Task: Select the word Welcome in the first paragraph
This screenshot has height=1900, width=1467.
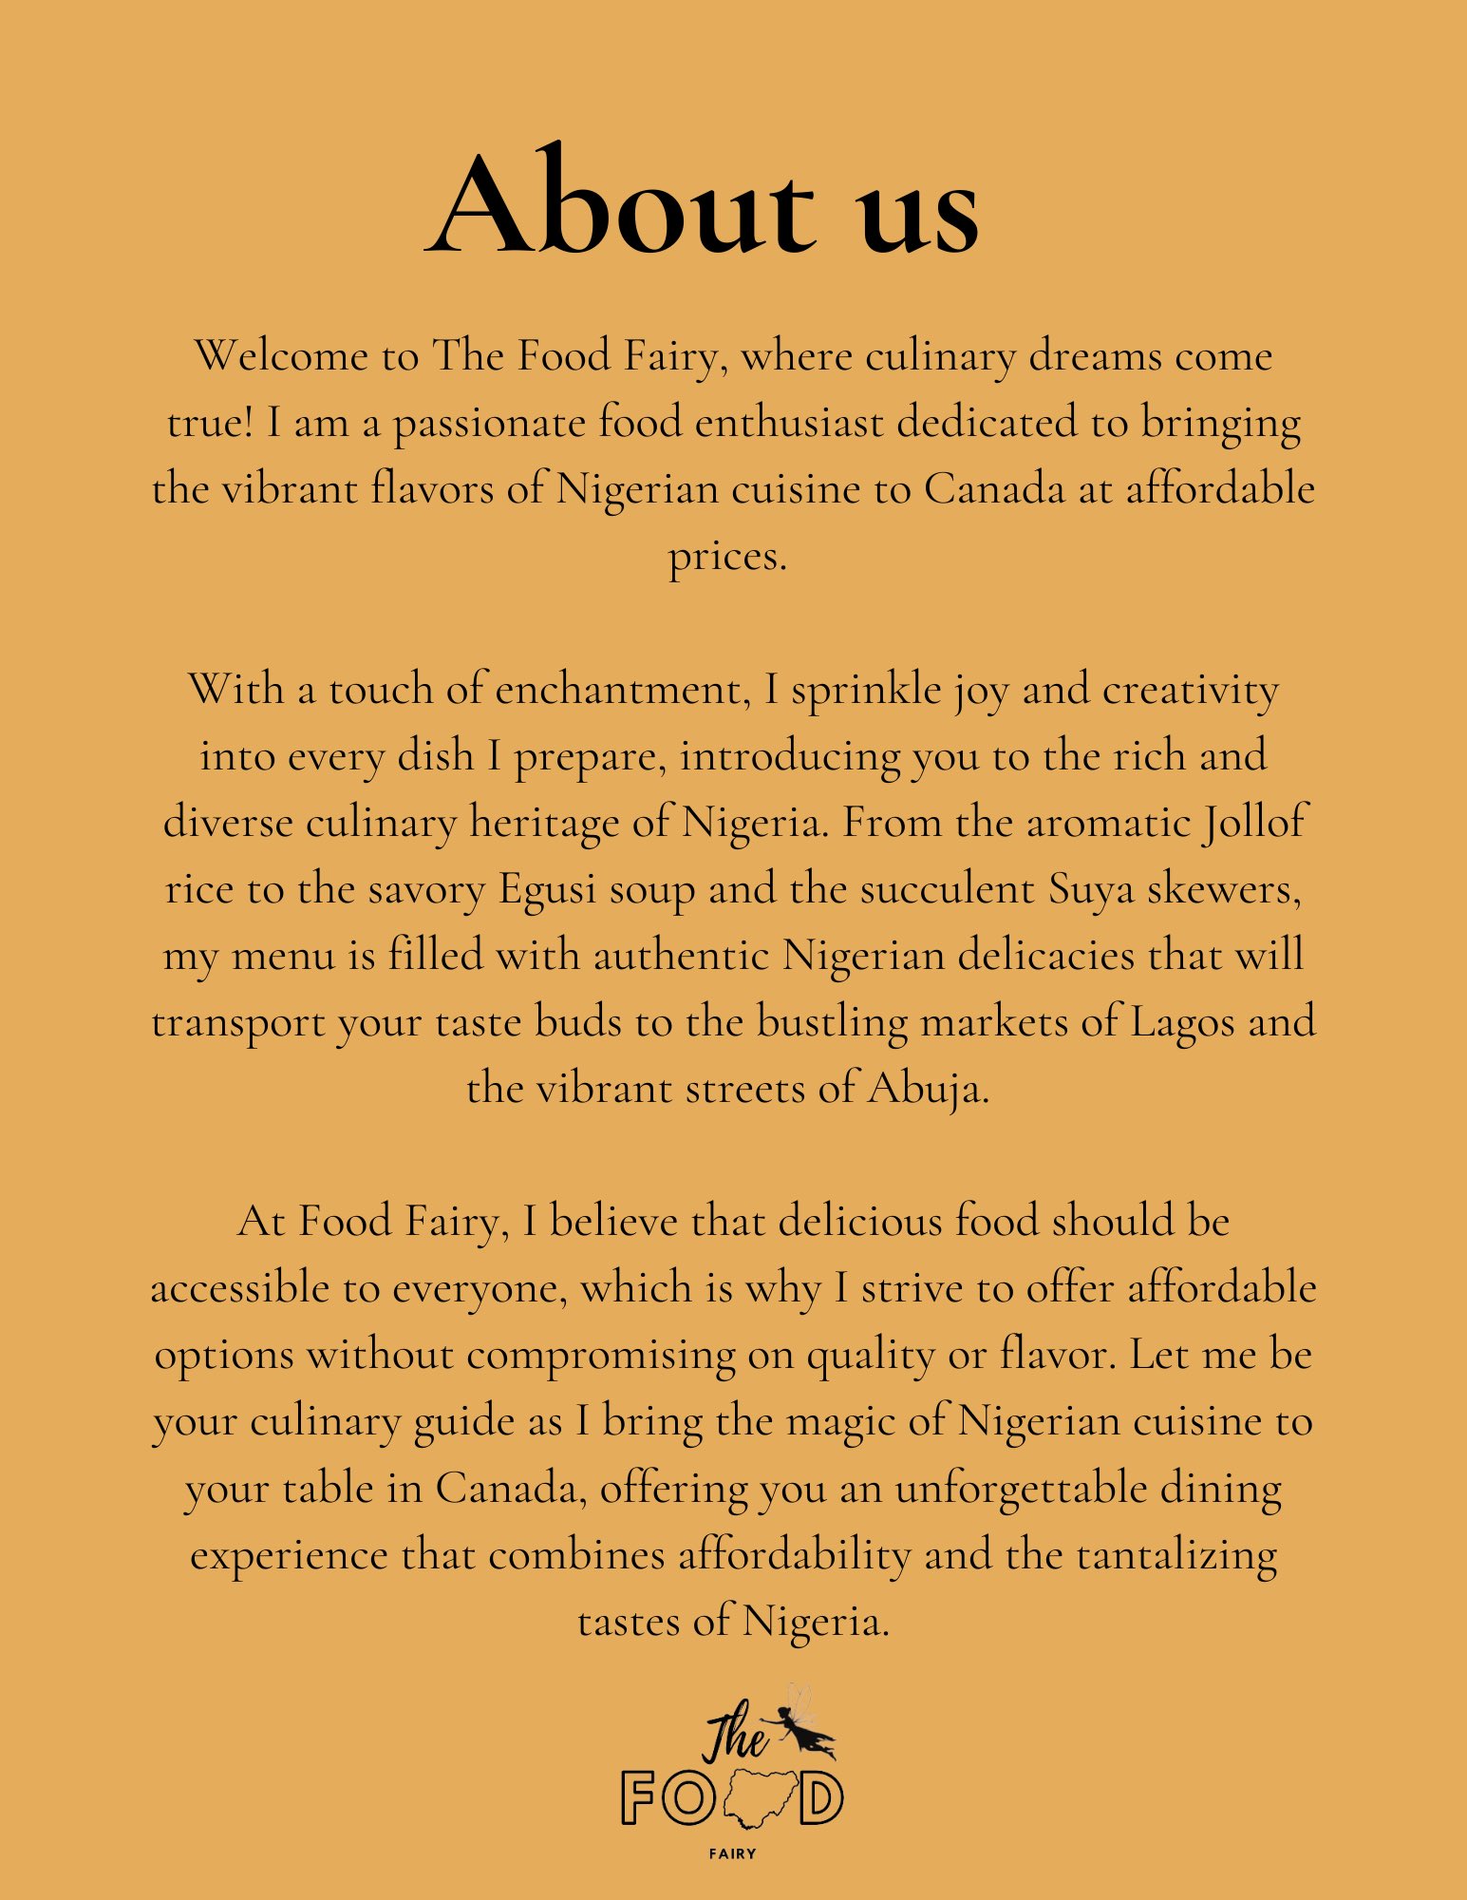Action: tap(282, 356)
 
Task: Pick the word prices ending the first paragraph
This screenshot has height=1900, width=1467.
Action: tap(727, 557)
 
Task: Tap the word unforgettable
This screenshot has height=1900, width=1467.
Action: tap(1021, 1489)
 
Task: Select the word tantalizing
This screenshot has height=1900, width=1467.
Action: tap(1176, 1555)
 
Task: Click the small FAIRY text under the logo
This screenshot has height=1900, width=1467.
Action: tap(733, 1853)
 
